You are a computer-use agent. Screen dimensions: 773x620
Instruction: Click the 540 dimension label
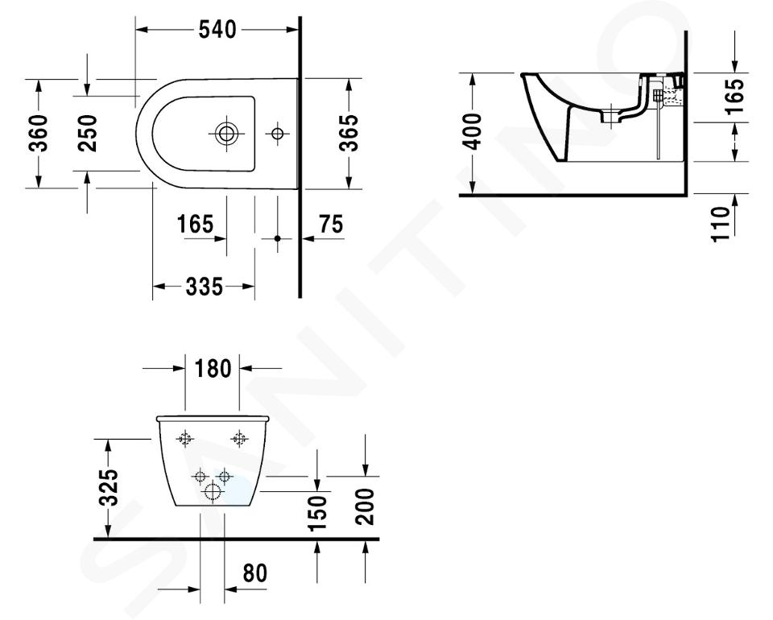pyautogui.click(x=217, y=30)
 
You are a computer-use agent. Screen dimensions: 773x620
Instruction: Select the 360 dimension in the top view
pyautogui.click(x=38, y=133)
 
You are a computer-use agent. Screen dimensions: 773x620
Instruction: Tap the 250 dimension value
pyautogui.click(x=88, y=133)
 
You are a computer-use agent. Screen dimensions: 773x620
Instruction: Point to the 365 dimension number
pyautogui.click(x=349, y=133)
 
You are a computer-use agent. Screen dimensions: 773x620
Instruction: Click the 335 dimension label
pyautogui.click(x=205, y=287)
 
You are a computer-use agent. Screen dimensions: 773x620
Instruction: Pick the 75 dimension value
pyautogui.click(x=331, y=224)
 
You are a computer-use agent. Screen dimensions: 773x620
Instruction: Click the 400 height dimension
pyautogui.click(x=473, y=131)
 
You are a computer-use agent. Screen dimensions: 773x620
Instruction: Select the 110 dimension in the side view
pyautogui.click(x=720, y=224)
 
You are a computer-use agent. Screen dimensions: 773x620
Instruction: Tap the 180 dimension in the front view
pyautogui.click(x=213, y=368)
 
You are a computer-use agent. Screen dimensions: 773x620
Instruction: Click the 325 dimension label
pyautogui.click(x=109, y=487)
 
